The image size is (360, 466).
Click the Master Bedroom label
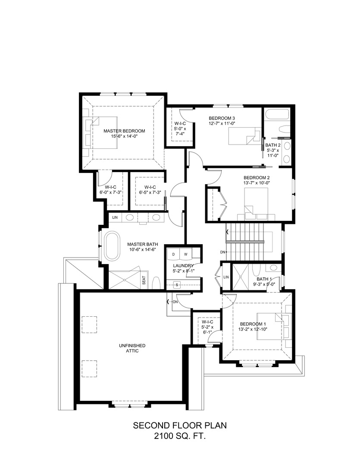[x=124, y=131]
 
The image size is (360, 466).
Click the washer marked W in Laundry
[x=186, y=255]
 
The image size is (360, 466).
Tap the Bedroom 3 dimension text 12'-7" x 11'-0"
[x=222, y=123]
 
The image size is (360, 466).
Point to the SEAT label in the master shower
[x=144, y=281]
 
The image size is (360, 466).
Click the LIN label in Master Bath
[x=115, y=217]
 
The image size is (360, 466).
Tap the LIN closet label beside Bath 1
[x=226, y=277]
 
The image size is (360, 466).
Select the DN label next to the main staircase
[x=222, y=252]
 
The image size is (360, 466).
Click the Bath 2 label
[x=273, y=145]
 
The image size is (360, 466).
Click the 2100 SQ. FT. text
[x=180, y=437]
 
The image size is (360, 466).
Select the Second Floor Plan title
[x=180, y=425]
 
